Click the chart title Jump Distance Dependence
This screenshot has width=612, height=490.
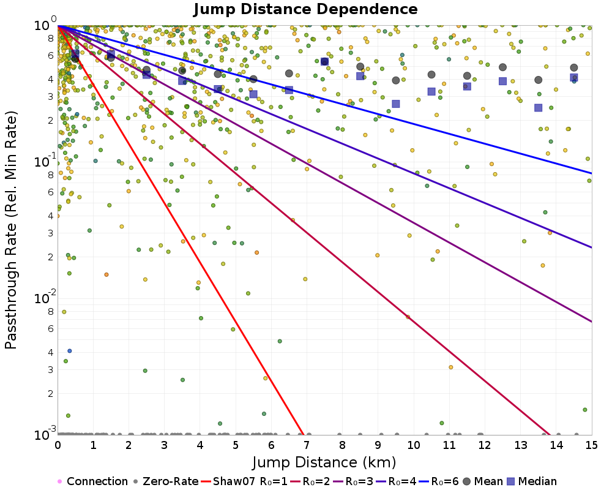pos(306,10)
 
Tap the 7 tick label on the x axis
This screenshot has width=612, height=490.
pos(307,442)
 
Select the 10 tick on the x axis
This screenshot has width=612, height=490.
pos(414,442)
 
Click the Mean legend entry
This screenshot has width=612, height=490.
pos(481,481)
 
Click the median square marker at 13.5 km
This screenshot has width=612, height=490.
pos(538,108)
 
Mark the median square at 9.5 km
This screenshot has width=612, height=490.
pos(396,104)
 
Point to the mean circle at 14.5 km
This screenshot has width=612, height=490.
pos(574,68)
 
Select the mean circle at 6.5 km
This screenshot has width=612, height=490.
pos(289,73)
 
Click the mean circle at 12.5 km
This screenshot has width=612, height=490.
pos(503,67)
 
